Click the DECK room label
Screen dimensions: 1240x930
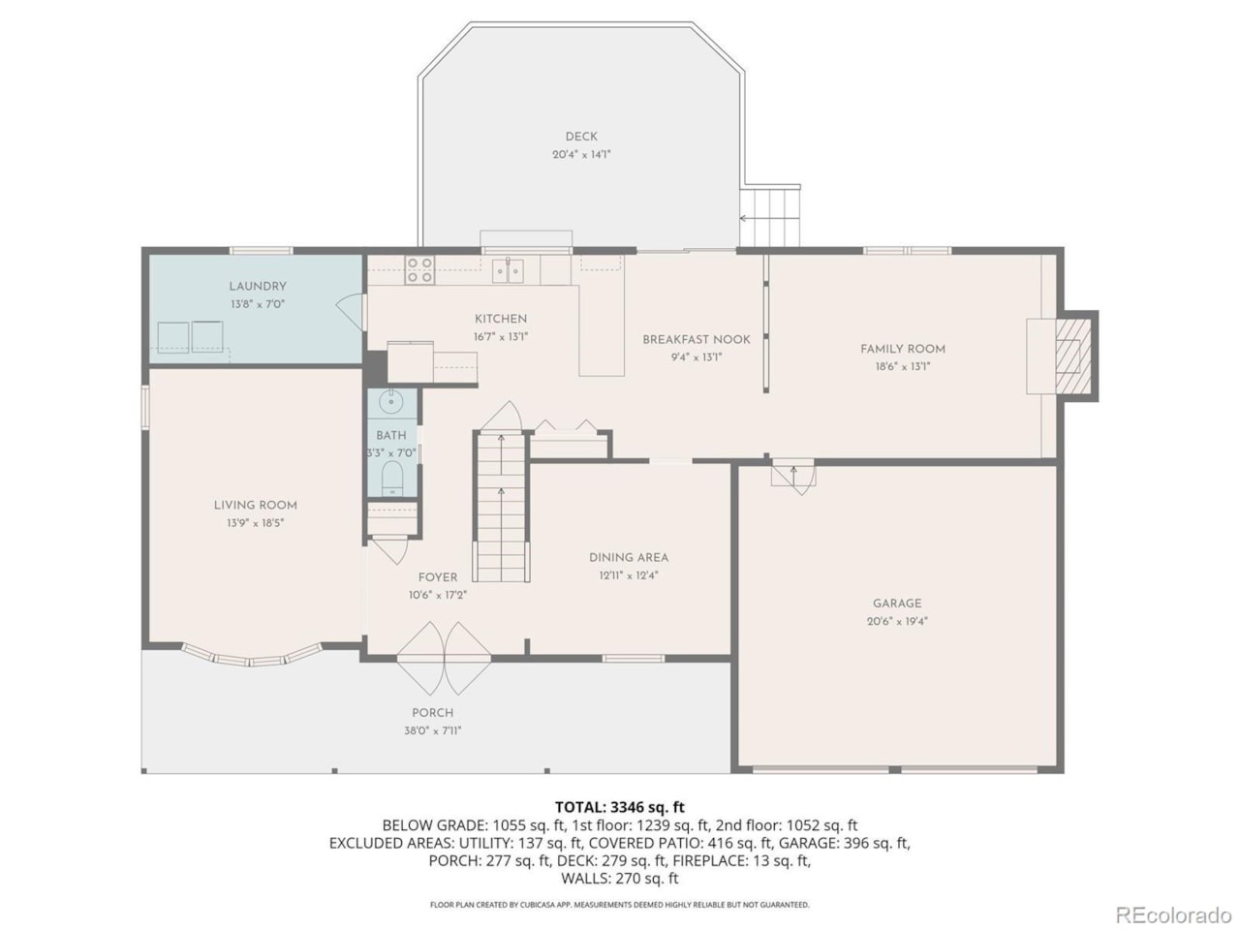tap(580, 136)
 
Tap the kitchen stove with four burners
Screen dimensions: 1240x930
tap(419, 270)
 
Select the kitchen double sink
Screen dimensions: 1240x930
tap(508, 270)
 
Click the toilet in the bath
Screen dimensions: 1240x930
tap(391, 479)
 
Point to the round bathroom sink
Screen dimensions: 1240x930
tap(390, 402)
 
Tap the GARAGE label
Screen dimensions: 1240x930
tap(896, 604)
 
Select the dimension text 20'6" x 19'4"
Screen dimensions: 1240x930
tap(897, 621)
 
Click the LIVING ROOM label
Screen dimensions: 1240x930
tap(256, 506)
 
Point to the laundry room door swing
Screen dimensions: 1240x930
tap(351, 313)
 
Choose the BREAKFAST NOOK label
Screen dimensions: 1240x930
tap(697, 339)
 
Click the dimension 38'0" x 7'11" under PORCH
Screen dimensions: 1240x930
tap(432, 730)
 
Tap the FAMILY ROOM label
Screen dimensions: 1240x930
tap(903, 349)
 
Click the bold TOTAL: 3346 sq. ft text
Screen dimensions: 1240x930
tap(620, 807)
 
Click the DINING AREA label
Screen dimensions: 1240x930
tap(629, 558)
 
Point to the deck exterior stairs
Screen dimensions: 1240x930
tap(770, 217)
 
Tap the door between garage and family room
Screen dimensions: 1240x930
tap(793, 478)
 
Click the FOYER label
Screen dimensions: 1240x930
tap(438, 577)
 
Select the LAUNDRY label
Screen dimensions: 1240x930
tap(258, 287)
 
